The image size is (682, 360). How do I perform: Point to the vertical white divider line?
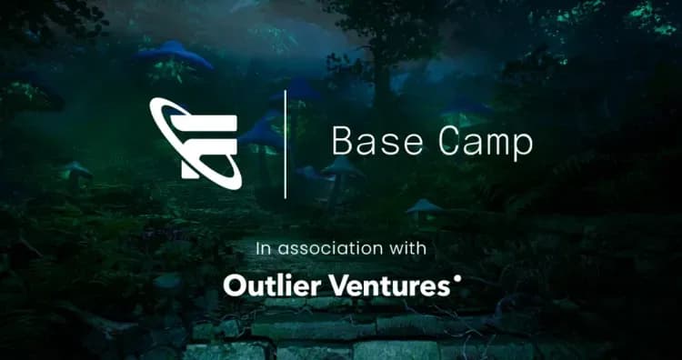point(286,144)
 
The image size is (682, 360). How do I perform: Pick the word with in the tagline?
point(408,247)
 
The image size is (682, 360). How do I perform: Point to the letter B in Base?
point(342,143)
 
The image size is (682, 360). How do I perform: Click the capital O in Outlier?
point(235,286)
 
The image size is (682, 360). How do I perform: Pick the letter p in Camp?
point(524,146)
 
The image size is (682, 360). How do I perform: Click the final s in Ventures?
point(444,288)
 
